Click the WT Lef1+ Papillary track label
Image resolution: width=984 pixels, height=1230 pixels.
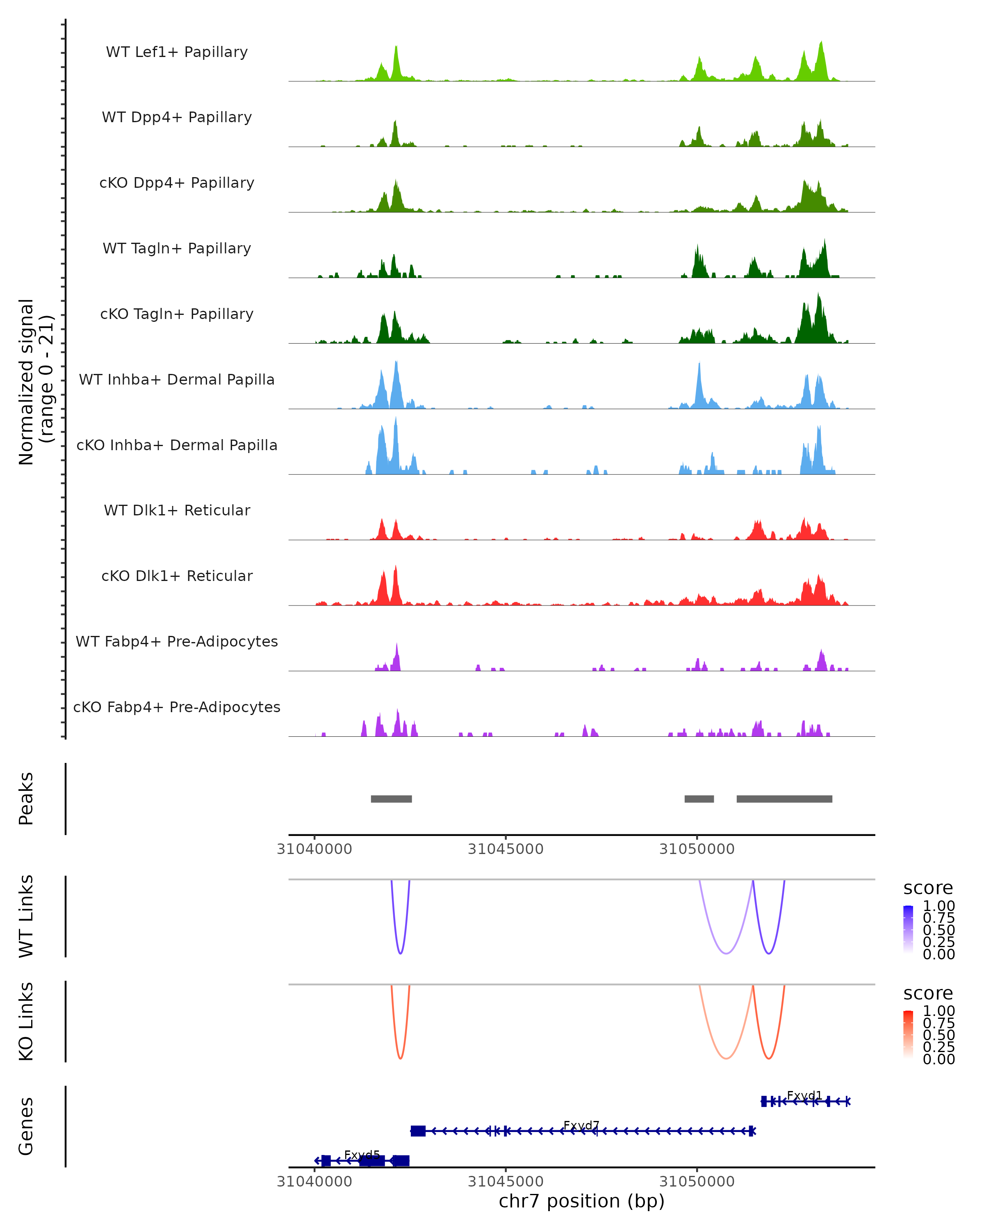[x=177, y=52]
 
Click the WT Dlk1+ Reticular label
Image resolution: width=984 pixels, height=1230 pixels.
[x=177, y=510]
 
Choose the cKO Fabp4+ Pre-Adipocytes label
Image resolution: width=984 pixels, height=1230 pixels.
[x=177, y=707]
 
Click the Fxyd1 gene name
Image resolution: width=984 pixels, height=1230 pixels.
[x=804, y=1096]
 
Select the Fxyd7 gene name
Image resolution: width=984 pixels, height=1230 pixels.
[x=581, y=1125]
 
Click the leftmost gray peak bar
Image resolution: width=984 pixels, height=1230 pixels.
[x=391, y=799]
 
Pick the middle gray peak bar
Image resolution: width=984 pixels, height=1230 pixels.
[x=699, y=799]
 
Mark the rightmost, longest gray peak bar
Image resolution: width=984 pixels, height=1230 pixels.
[x=784, y=799]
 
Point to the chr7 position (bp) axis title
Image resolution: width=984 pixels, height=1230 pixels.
[x=581, y=1201]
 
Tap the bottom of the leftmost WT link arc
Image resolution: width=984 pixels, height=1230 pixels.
[x=401, y=953]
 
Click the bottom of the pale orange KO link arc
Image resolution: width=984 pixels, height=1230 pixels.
[x=726, y=1058]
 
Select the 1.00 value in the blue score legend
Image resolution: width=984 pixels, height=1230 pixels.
[x=938, y=906]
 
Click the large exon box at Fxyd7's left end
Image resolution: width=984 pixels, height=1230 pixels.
[x=418, y=1131]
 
